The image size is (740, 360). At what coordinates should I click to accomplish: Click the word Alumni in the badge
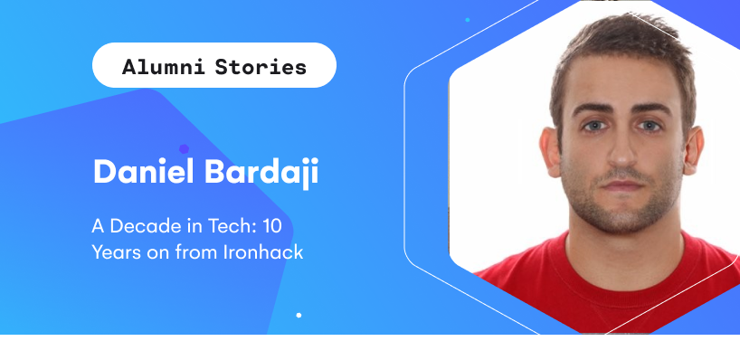165,67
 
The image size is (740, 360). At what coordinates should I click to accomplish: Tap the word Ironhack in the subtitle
262,251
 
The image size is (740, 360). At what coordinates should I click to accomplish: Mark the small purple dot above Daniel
184,148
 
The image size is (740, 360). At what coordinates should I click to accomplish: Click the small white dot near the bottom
299,315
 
